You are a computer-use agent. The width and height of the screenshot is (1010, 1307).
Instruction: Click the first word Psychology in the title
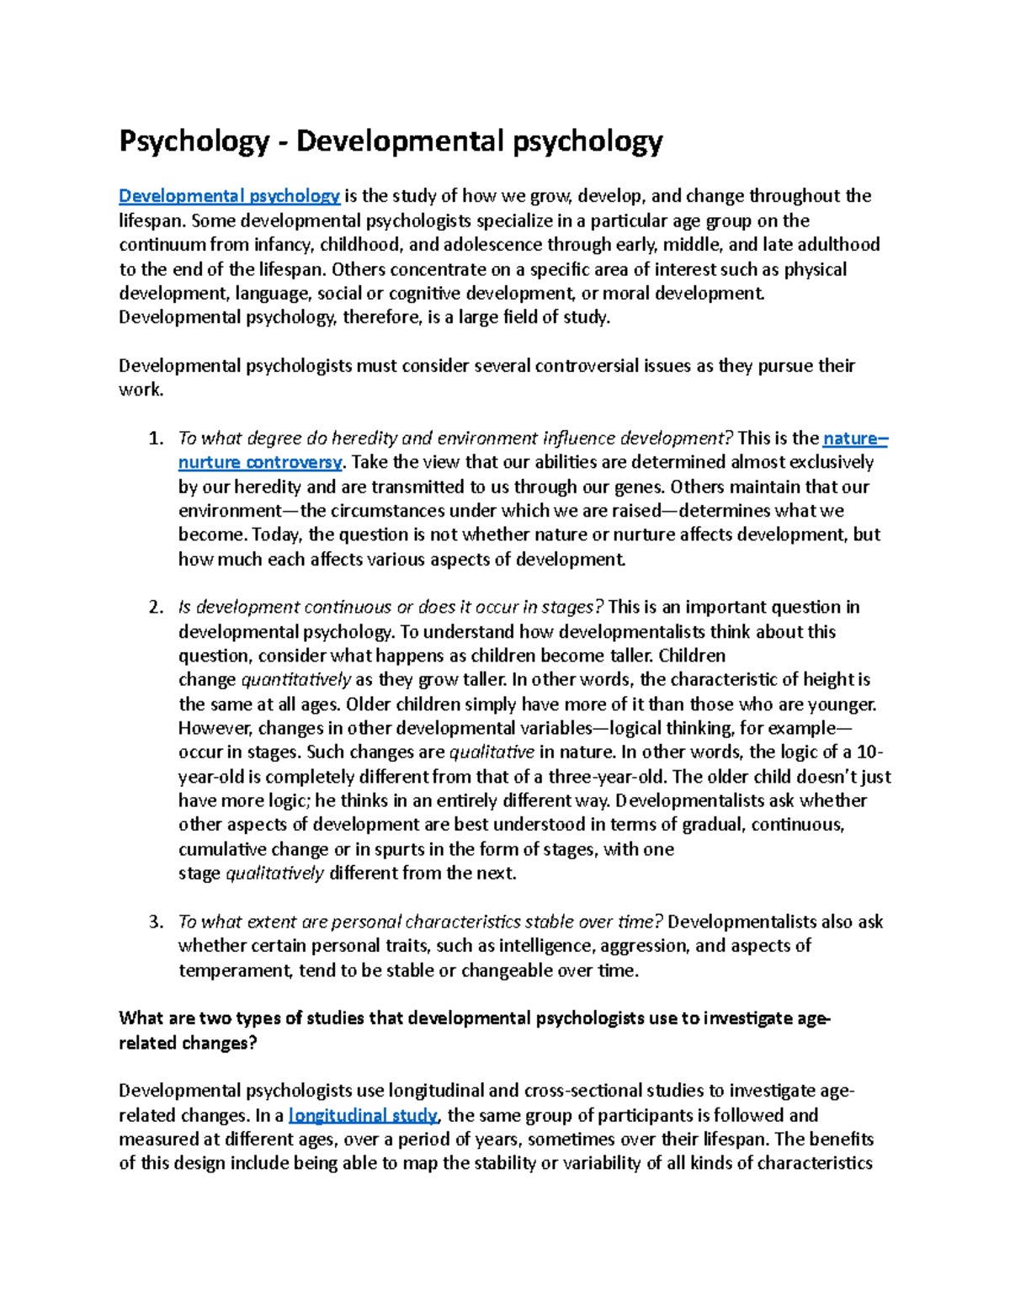coord(193,141)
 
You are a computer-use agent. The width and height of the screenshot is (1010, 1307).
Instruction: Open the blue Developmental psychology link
coord(229,196)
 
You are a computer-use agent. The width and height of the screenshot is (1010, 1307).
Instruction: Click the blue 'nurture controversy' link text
coord(260,462)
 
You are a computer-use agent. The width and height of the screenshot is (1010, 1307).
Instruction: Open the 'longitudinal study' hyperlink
coord(363,1115)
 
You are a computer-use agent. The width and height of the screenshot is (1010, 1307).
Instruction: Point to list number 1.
coord(155,438)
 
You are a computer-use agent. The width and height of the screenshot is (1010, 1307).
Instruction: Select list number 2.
coord(155,608)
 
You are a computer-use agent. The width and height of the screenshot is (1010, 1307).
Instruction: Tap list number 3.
coord(155,922)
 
